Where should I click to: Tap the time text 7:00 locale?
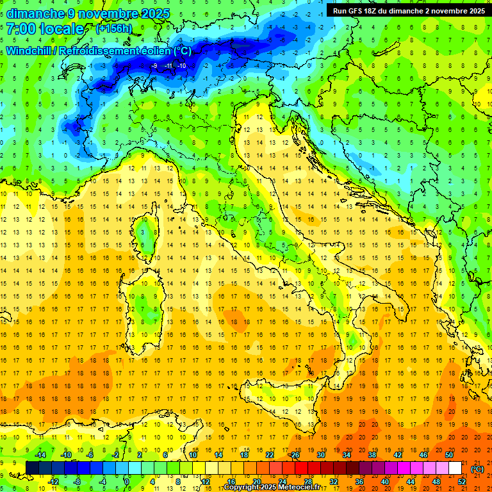tap(45, 29)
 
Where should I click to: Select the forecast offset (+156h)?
tap(113, 29)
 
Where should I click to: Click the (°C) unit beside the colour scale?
tap(477, 469)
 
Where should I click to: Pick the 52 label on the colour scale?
tap(462, 482)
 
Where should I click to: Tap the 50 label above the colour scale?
tap(449, 455)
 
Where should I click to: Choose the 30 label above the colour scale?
tap(321, 455)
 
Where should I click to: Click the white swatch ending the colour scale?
tap(455, 468)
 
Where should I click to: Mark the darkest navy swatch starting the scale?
tap(32, 468)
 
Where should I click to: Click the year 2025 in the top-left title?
tap(155, 13)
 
